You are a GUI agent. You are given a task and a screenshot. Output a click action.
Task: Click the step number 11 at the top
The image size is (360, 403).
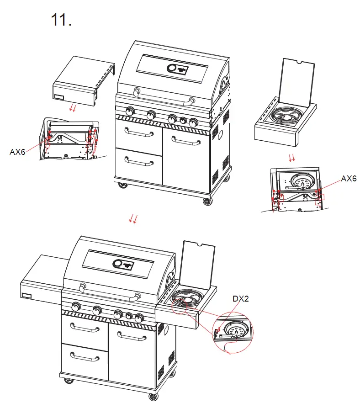(x=61, y=20)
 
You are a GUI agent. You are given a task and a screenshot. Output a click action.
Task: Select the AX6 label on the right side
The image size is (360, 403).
(x=349, y=179)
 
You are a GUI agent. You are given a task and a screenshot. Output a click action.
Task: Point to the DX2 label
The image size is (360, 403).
(x=240, y=299)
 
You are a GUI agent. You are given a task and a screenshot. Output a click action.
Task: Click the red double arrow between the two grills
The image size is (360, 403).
(x=133, y=219)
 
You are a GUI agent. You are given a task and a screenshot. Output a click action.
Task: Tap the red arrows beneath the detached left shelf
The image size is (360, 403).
(x=72, y=107)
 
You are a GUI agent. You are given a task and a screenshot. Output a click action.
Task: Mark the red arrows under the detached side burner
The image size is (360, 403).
(x=292, y=158)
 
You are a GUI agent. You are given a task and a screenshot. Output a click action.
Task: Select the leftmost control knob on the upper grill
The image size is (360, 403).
(x=130, y=111)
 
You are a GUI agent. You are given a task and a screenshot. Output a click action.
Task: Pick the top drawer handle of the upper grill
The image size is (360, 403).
(x=138, y=133)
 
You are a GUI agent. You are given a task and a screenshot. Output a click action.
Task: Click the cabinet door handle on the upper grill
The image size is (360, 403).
(x=186, y=142)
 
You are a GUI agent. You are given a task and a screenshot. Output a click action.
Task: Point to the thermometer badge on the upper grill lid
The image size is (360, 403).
(x=177, y=69)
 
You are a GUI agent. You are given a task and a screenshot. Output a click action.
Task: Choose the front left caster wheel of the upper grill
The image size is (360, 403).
(x=123, y=186)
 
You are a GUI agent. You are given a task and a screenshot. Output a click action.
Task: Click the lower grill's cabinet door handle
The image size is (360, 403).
(x=131, y=337)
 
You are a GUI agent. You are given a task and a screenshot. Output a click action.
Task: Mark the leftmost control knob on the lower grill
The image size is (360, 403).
(x=76, y=306)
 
